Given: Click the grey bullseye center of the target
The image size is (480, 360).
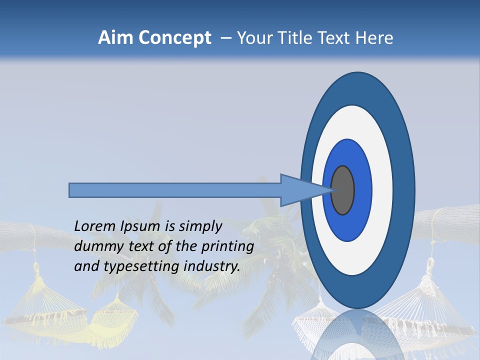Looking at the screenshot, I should point(343,190).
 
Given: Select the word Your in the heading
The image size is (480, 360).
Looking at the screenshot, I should point(253,38).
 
